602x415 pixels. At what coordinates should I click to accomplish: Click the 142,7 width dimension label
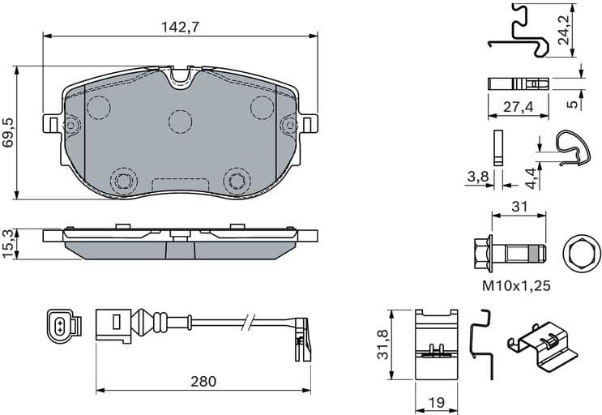click(180, 26)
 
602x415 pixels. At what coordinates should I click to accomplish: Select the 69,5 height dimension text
click(8, 130)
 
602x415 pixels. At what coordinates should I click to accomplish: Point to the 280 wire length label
click(203, 381)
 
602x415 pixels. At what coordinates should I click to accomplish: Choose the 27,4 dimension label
click(519, 106)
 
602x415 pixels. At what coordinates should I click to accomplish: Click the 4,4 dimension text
click(530, 173)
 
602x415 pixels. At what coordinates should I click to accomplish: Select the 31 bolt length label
click(519, 207)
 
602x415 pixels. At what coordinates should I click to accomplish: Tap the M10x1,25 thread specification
click(518, 285)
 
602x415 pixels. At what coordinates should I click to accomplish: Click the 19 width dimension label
click(438, 400)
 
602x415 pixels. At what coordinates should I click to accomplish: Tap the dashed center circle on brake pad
click(180, 121)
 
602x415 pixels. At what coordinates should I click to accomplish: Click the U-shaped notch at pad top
click(180, 79)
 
